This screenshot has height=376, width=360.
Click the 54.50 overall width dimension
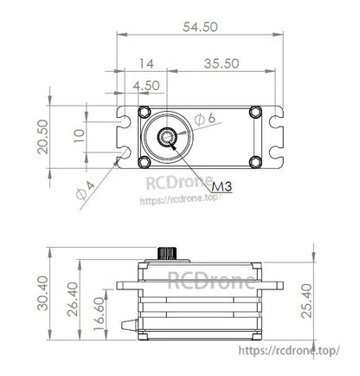200,27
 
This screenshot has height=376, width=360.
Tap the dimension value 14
145,63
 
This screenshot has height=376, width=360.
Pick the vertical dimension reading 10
79,135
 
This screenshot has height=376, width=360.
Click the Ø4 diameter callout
85,190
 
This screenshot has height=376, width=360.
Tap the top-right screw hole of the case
254,112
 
